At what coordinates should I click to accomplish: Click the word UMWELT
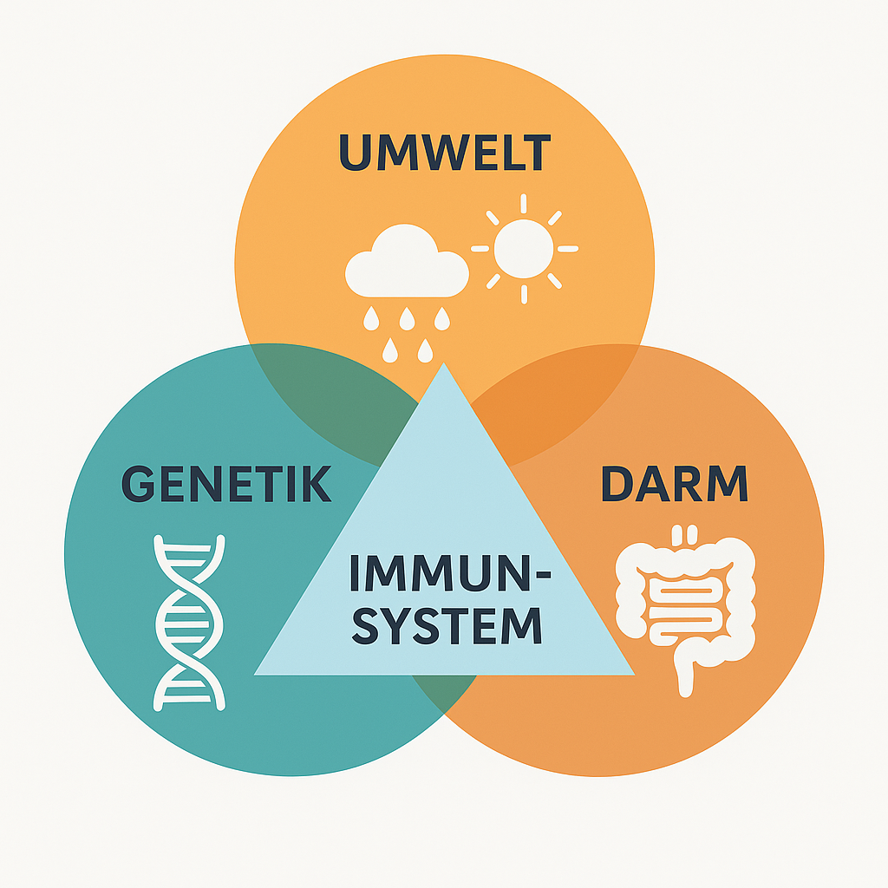point(444,153)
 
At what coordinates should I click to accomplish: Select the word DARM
point(674,484)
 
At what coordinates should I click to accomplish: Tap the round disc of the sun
point(524,248)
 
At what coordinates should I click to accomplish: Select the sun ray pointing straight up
point(524,203)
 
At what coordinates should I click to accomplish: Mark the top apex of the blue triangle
point(444,366)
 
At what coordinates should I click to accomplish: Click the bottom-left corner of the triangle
point(258,673)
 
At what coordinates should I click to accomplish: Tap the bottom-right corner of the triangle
point(631,673)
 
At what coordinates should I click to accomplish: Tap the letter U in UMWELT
point(355,153)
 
